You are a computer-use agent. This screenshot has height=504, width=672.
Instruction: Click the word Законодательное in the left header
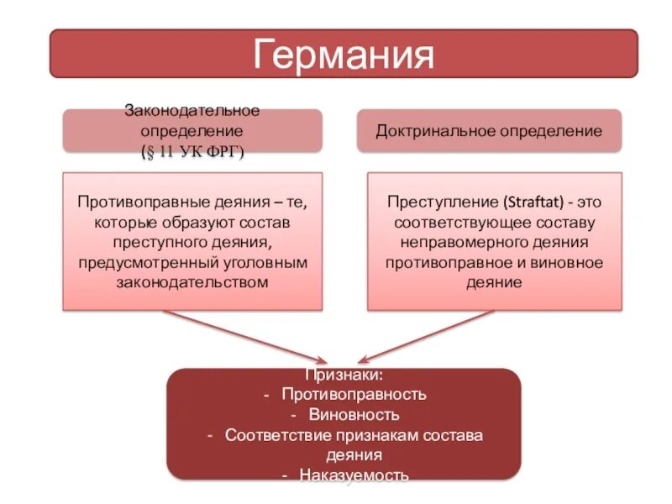(x=192, y=111)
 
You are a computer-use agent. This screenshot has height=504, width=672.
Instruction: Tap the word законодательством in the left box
(x=192, y=282)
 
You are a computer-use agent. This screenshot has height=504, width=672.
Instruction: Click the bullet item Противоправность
(x=354, y=394)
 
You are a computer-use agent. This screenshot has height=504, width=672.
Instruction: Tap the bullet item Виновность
(x=354, y=414)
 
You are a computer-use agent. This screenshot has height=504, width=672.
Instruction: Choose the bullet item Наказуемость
(x=354, y=475)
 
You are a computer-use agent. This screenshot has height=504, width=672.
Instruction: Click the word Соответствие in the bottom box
(x=276, y=435)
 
